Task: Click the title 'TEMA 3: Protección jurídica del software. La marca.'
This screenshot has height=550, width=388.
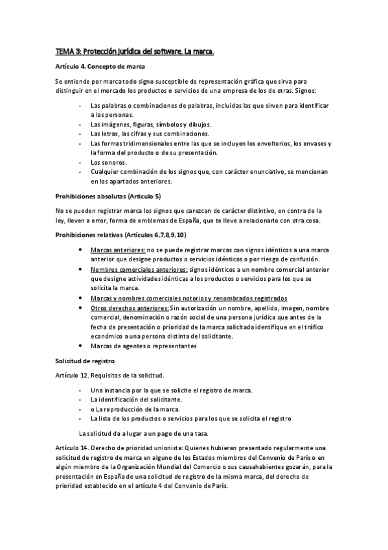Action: click(135, 51)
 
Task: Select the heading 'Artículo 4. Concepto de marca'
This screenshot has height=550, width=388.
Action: click(99, 67)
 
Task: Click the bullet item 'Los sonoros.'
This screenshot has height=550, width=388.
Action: click(109, 162)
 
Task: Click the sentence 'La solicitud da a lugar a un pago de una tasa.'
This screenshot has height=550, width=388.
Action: click(147, 432)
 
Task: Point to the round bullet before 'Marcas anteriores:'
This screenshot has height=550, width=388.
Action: click(80, 250)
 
